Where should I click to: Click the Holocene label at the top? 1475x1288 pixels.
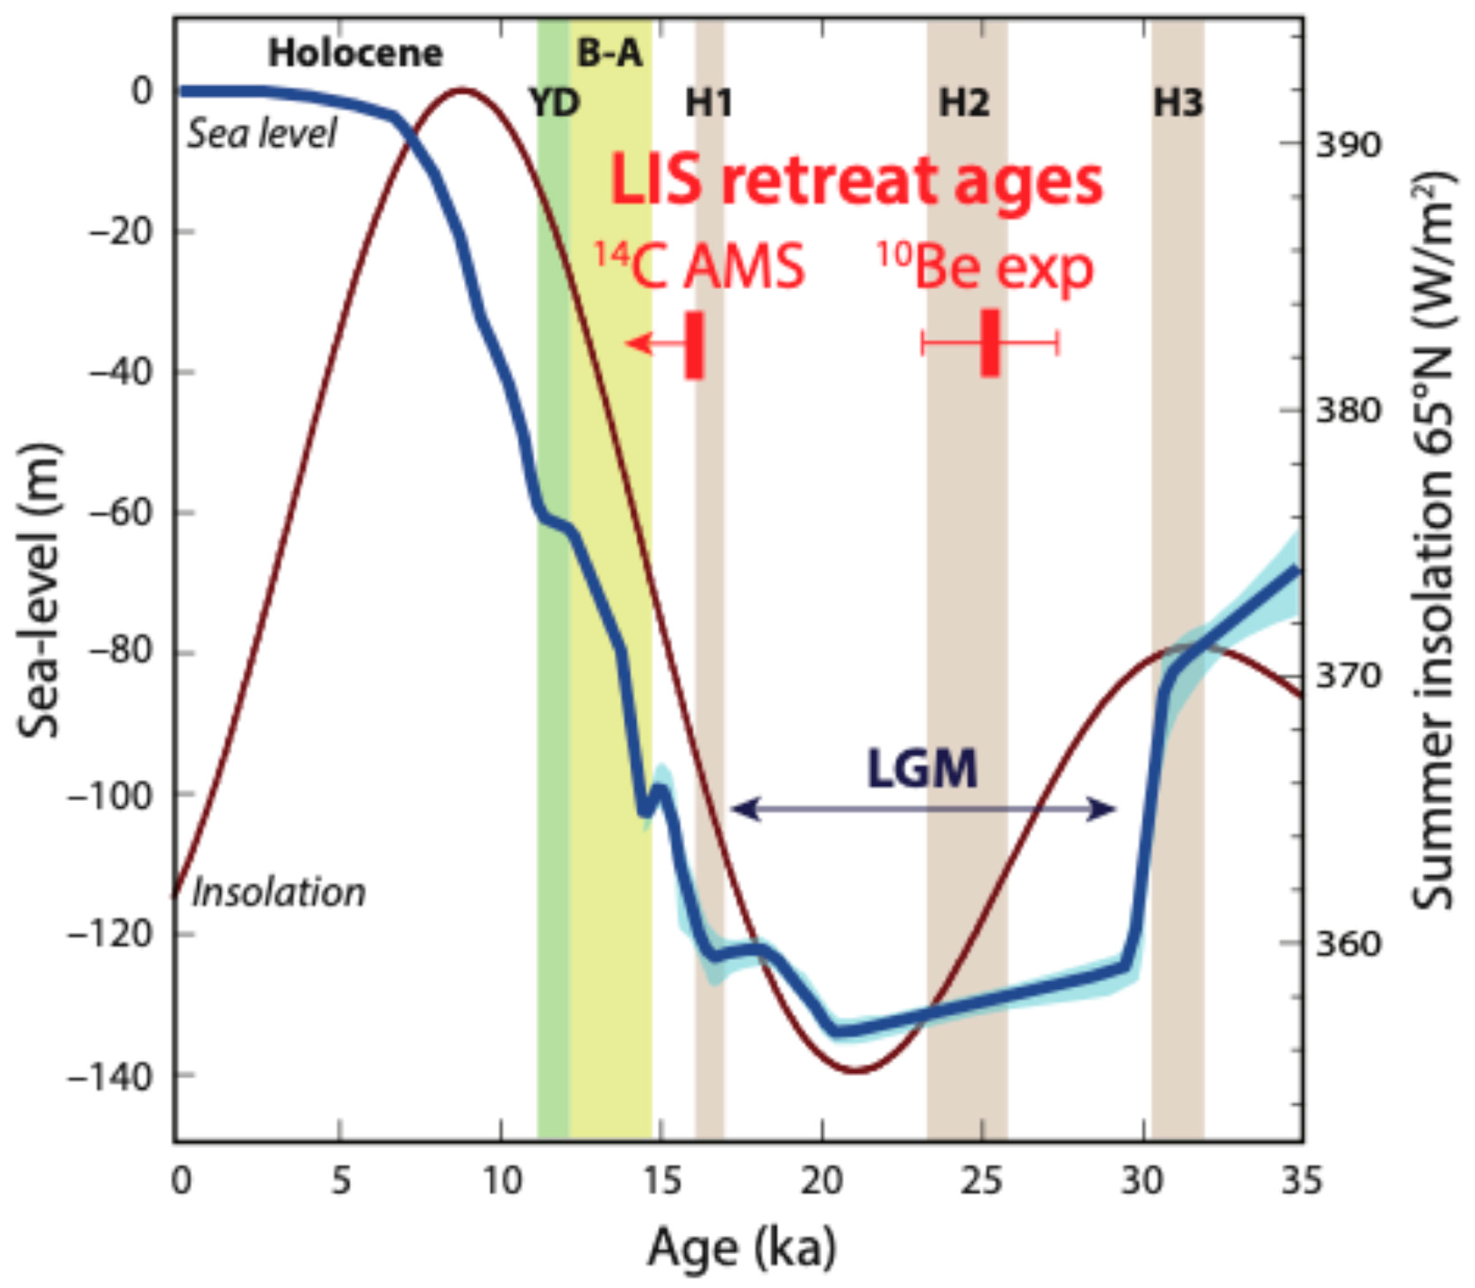pos(355,54)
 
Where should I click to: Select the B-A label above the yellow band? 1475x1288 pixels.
pos(610,54)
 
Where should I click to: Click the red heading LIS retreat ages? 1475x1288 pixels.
pos(855,181)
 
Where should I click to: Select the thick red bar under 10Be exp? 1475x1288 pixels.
pos(990,343)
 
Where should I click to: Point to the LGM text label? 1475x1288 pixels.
pos(922,769)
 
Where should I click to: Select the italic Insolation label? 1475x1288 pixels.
pos(279,892)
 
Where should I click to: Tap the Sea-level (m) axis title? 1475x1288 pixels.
pos(37,591)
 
